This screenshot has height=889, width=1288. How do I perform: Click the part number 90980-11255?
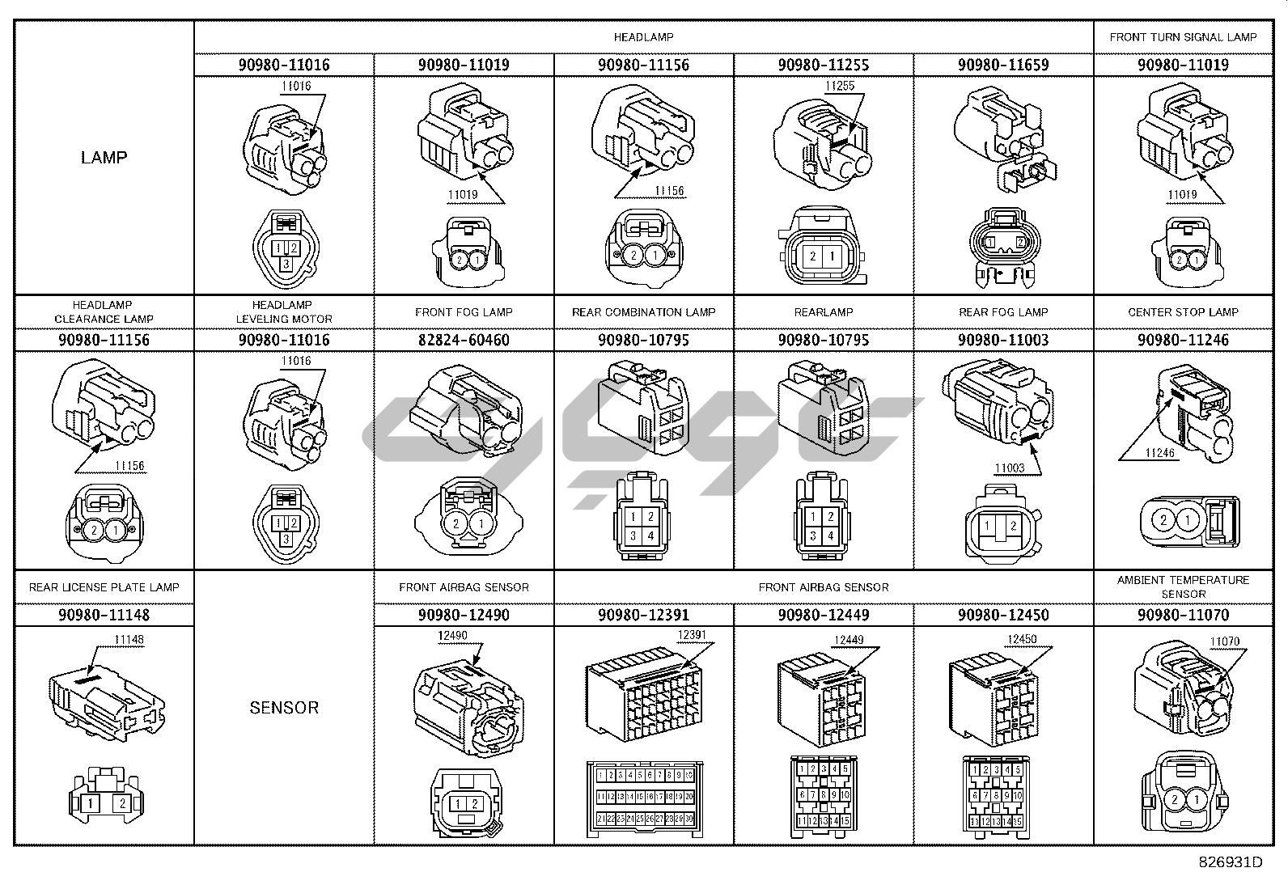[824, 65]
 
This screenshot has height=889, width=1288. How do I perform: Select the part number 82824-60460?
[464, 340]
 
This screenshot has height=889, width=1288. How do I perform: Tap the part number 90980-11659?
[1003, 65]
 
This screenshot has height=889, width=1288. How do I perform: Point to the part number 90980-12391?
[643, 615]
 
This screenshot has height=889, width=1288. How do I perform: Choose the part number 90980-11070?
[1183, 615]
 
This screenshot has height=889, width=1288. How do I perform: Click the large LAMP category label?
[104, 157]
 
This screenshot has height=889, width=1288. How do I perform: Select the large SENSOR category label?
[284, 707]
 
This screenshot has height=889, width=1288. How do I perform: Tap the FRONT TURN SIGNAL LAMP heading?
[1183, 37]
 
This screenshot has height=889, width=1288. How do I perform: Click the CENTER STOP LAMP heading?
[1183, 312]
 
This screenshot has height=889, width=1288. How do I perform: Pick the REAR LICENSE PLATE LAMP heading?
[104, 587]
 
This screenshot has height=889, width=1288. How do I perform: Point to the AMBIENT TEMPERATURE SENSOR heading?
[1183, 586]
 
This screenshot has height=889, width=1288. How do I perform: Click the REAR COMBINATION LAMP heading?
[643, 312]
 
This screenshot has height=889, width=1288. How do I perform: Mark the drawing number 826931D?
[1231, 861]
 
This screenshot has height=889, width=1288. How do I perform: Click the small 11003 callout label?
[1009, 468]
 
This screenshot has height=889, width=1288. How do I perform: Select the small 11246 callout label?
[1159, 453]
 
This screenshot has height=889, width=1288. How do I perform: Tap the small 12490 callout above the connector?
[451, 636]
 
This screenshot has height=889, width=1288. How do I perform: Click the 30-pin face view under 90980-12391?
[644, 799]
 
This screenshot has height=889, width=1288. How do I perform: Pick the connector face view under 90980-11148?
[104, 796]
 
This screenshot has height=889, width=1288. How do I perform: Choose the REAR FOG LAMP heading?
[1003, 312]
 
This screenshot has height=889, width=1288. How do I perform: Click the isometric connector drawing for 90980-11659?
[1003, 138]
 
